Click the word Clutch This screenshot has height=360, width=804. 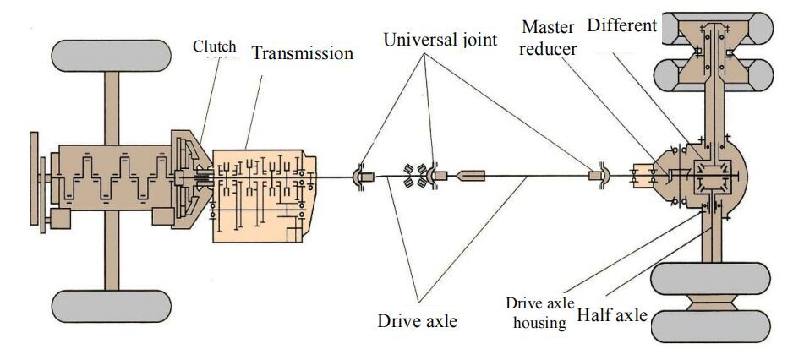coord(214,46)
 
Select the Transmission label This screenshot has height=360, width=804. coord(302,54)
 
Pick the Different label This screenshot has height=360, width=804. coord(622,25)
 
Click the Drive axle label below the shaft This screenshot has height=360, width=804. coord(418,320)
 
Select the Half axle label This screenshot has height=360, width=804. coord(613,316)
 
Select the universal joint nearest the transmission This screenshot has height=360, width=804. coord(360,177)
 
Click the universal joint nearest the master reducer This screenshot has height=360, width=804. coord(599,177)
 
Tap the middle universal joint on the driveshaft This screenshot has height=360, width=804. coord(438,176)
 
